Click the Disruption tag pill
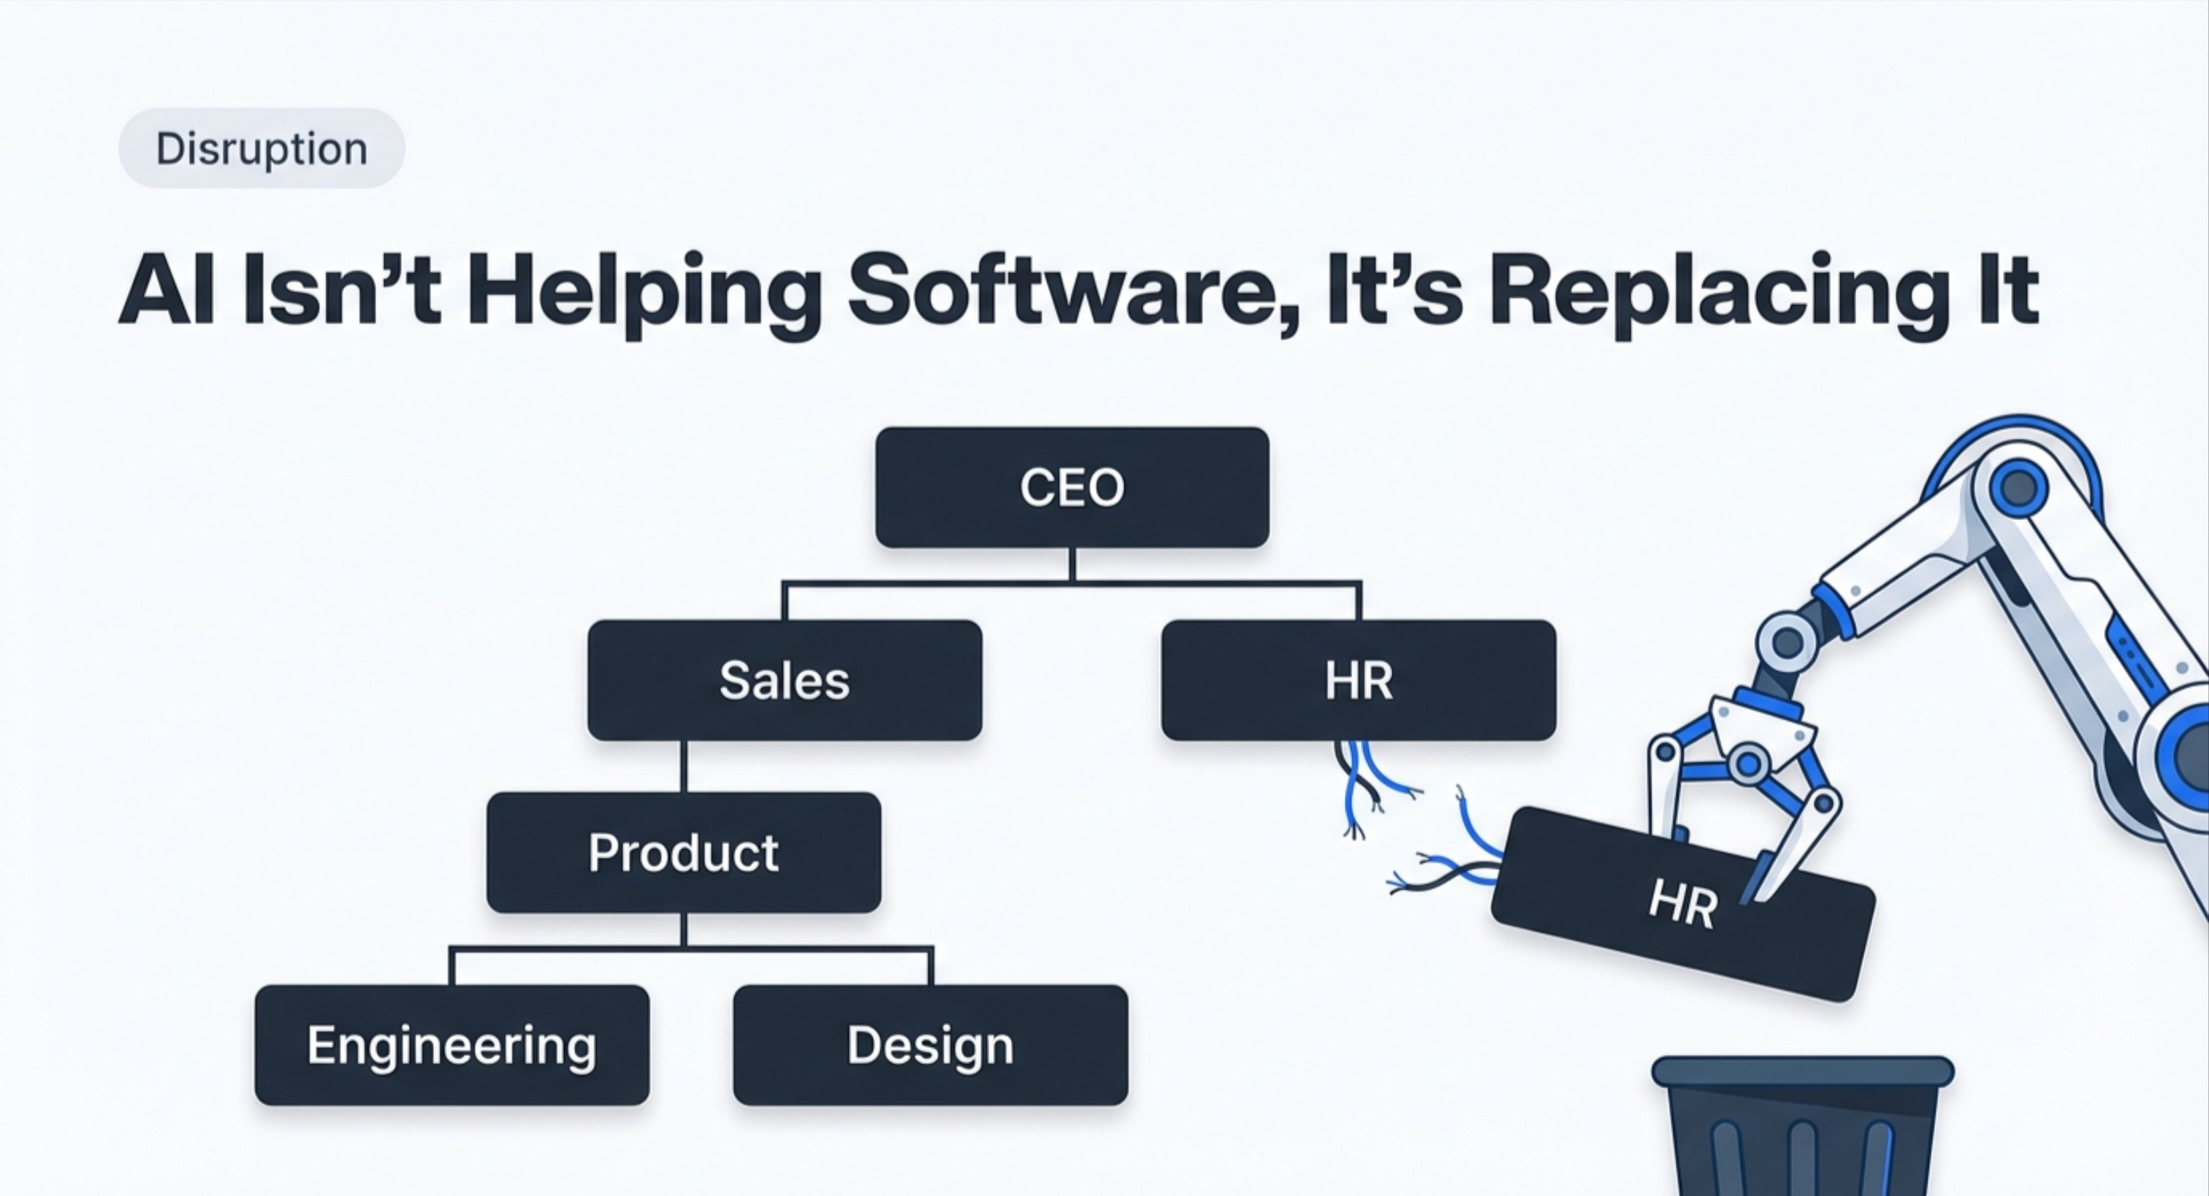point(262,148)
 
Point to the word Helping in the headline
point(643,290)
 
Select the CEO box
point(1072,487)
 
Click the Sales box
point(785,680)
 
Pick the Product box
point(684,852)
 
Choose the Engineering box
point(452,1045)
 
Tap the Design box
point(931,1045)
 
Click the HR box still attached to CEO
point(1358,680)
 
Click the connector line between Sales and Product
point(684,767)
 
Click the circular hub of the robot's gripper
point(1747,763)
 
